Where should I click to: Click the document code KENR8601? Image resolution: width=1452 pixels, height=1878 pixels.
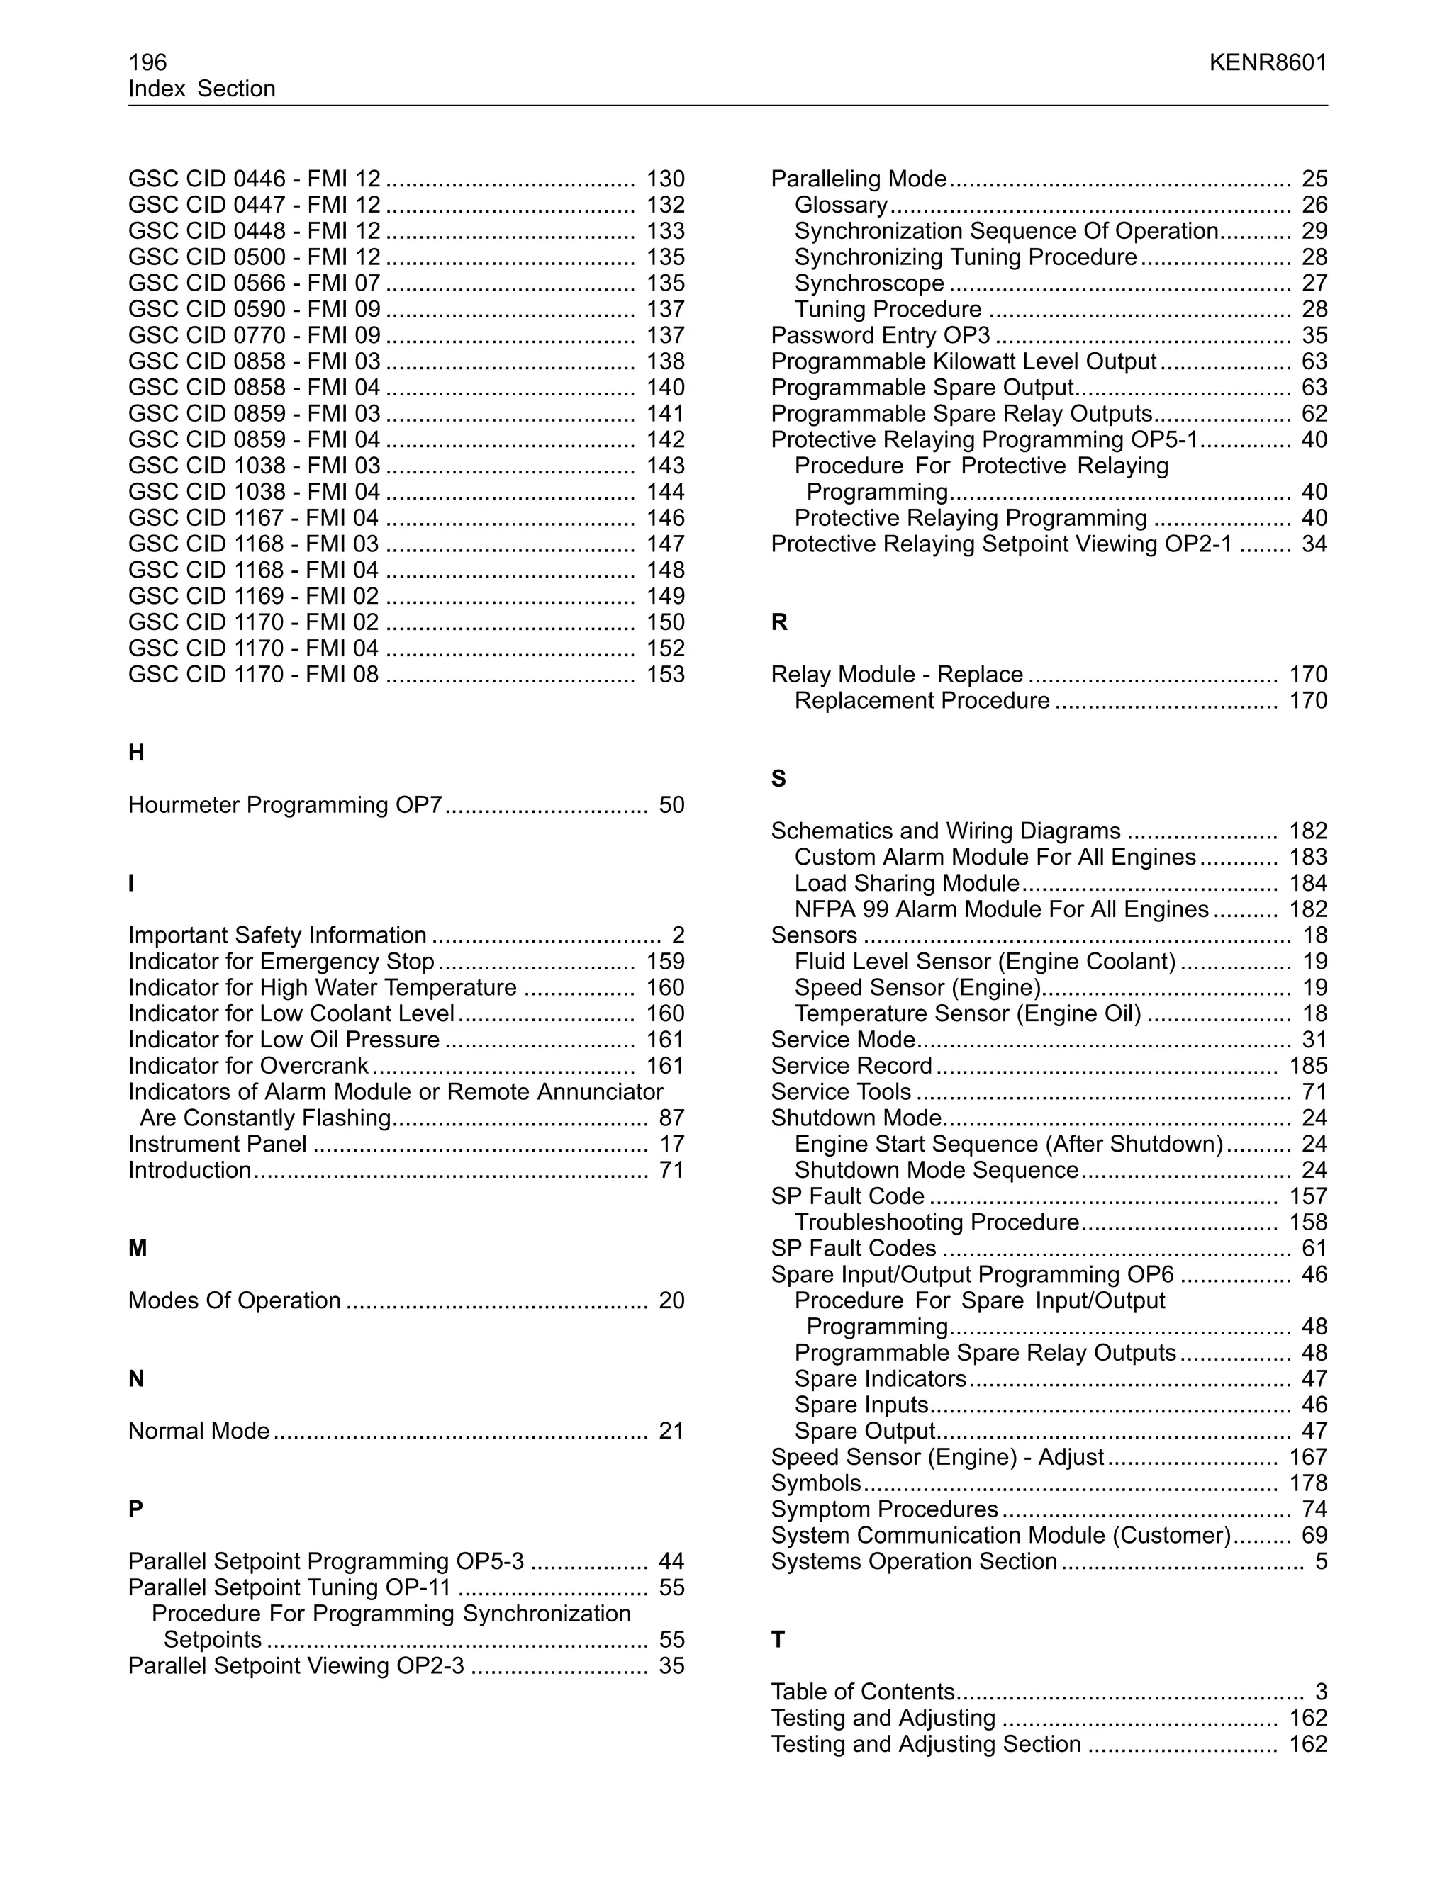(x=1267, y=63)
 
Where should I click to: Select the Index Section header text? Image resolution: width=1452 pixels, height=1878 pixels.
(x=201, y=89)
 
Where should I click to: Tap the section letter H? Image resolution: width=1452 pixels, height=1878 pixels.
(x=136, y=753)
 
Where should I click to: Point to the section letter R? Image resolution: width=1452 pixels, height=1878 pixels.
(x=779, y=622)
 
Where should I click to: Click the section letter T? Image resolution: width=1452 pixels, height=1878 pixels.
(x=778, y=1640)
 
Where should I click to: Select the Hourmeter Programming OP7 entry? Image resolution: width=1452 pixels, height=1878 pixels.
(x=285, y=806)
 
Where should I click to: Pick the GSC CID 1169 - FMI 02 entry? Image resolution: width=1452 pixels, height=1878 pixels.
(x=253, y=597)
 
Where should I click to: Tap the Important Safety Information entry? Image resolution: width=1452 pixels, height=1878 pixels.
(x=277, y=935)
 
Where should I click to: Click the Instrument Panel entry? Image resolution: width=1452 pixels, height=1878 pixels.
(x=217, y=1145)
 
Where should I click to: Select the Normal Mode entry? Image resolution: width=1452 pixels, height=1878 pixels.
(x=199, y=1432)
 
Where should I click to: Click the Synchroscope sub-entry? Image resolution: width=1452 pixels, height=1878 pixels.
(x=869, y=283)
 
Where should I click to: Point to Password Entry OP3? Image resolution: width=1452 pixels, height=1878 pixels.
(x=880, y=336)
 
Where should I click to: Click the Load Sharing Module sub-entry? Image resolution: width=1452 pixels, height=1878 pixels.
(x=907, y=884)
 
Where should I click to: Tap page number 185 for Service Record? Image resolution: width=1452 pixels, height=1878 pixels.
(x=1307, y=1067)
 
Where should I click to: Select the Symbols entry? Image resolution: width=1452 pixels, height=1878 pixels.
(x=815, y=1483)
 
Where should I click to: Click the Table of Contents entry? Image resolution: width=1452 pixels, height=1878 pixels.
(x=862, y=1692)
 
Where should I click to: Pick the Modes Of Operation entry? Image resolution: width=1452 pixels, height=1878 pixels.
(x=234, y=1301)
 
